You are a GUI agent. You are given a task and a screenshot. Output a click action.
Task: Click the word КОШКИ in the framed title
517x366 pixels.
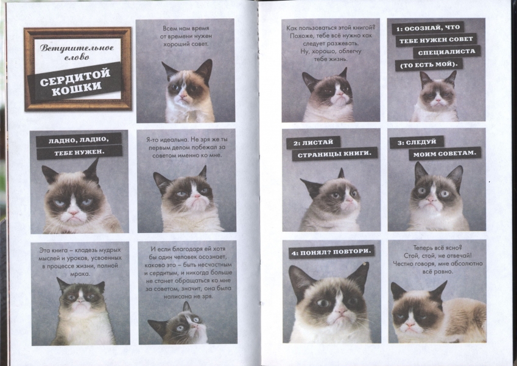[77, 88]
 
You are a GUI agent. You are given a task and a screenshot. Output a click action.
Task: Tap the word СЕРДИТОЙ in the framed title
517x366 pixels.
[75, 77]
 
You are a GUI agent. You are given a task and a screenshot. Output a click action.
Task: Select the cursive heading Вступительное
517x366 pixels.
[77, 48]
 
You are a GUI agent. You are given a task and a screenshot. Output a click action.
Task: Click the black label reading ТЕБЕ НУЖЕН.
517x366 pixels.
[79, 152]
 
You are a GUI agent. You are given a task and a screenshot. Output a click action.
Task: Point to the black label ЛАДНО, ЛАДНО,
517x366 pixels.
[79, 140]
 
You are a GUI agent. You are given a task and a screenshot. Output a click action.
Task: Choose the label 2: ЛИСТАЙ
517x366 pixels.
[313, 142]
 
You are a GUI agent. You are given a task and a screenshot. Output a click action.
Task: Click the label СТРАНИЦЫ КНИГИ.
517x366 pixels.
[334, 154]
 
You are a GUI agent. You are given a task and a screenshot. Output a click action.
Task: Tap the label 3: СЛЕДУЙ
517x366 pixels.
[417, 142]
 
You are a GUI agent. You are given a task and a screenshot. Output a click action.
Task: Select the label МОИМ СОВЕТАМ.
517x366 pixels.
[445, 153]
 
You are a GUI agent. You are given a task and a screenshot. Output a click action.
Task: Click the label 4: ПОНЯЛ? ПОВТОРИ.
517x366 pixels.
[331, 252]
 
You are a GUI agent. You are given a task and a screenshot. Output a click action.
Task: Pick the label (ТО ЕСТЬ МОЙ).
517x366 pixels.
[429, 65]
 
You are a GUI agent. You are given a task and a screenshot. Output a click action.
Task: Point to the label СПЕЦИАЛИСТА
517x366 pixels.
[446, 52]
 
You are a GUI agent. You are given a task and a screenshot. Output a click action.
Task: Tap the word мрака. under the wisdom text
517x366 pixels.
[80, 274]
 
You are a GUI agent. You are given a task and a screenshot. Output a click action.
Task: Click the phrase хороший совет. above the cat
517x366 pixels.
[186, 44]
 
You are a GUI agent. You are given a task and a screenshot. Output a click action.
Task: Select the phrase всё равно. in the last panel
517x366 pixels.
[438, 271]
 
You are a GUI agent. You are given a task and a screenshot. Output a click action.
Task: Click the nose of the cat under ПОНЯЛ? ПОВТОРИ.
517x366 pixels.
[340, 310]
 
